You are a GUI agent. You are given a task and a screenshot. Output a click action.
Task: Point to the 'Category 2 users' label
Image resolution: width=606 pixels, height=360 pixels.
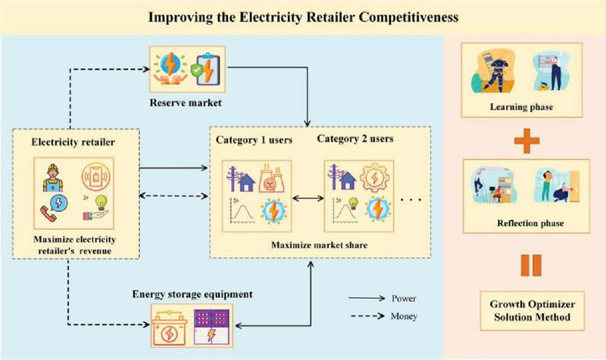(x=361, y=139)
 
